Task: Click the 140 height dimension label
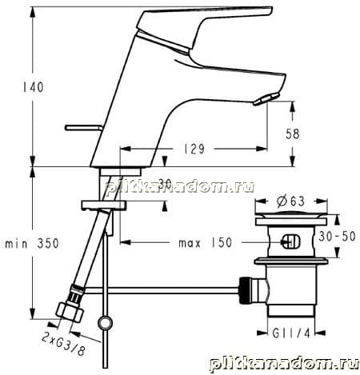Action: click(x=33, y=87)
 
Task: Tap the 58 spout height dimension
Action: click(x=293, y=134)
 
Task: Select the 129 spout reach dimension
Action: click(x=194, y=149)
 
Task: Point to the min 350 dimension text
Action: click(x=32, y=244)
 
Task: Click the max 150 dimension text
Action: click(x=206, y=243)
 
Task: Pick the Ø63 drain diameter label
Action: click(x=290, y=201)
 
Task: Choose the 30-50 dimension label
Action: click(x=337, y=237)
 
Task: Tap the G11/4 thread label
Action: click(x=291, y=333)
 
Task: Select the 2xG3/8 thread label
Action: click(x=63, y=344)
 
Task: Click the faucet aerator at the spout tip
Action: click(x=266, y=99)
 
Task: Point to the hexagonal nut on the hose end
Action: click(x=70, y=312)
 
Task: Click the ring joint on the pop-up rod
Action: click(x=105, y=323)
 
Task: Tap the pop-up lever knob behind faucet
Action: click(x=83, y=128)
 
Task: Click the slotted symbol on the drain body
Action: click(x=291, y=241)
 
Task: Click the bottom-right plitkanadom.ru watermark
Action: click(x=284, y=364)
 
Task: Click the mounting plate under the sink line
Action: click(x=104, y=205)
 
